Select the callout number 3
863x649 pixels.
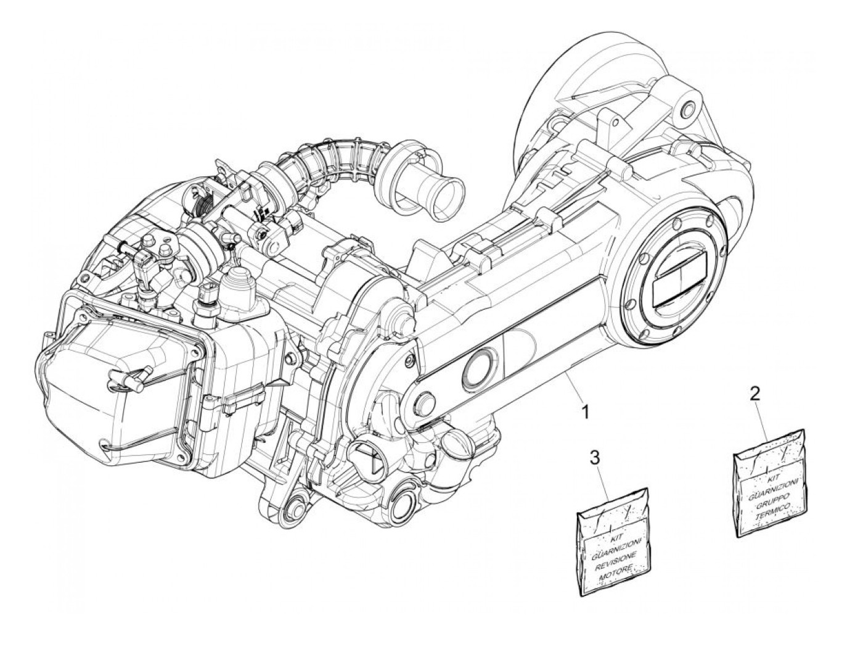point(595,458)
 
